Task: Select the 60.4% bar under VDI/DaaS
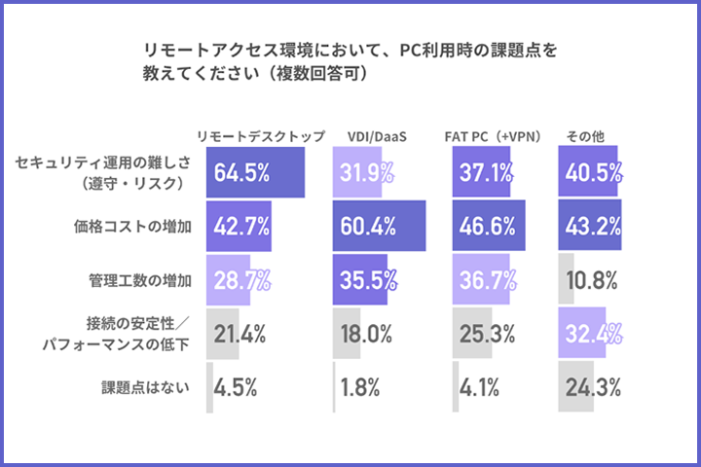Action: [x=379, y=227]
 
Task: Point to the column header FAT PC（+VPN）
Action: [x=498, y=136]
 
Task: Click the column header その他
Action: [x=586, y=136]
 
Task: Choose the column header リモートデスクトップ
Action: [x=260, y=136]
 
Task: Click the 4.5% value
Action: [x=236, y=387]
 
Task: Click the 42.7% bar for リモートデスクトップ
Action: [x=239, y=227]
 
